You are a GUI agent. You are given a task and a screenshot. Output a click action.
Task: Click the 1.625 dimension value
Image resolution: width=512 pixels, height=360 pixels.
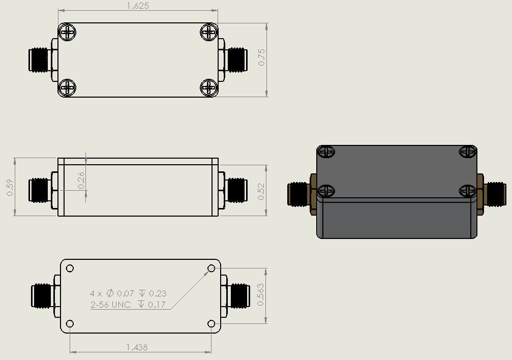pyautogui.click(x=138, y=6)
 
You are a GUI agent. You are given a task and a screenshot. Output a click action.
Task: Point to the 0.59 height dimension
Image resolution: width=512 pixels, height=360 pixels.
pyautogui.click(x=10, y=187)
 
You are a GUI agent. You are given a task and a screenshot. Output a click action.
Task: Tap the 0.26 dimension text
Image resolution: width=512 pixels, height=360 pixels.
pyautogui.click(x=81, y=181)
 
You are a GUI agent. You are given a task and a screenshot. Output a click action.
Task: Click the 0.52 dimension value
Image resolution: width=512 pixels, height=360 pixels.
pyautogui.click(x=262, y=191)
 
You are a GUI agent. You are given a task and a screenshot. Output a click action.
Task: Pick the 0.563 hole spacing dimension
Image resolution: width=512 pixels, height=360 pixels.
pyautogui.click(x=261, y=294)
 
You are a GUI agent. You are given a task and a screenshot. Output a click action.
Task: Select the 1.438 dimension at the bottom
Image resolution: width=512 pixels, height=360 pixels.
pyautogui.click(x=137, y=347)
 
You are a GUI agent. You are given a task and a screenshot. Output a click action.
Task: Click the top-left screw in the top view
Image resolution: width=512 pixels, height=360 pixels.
pyautogui.click(x=68, y=33)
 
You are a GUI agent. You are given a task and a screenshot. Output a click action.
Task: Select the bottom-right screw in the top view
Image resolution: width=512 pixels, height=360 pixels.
pyautogui.click(x=208, y=87)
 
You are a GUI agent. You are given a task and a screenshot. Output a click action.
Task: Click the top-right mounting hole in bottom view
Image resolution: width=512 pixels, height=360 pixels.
pyautogui.click(x=212, y=268)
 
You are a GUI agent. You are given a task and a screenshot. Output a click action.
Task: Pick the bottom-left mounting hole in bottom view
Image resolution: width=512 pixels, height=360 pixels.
pyautogui.click(x=70, y=324)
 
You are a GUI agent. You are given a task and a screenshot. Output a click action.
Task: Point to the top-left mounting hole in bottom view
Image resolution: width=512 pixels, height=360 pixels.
pyautogui.click(x=70, y=268)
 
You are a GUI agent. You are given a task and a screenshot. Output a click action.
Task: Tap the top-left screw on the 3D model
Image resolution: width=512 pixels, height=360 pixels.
pyautogui.click(x=326, y=152)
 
